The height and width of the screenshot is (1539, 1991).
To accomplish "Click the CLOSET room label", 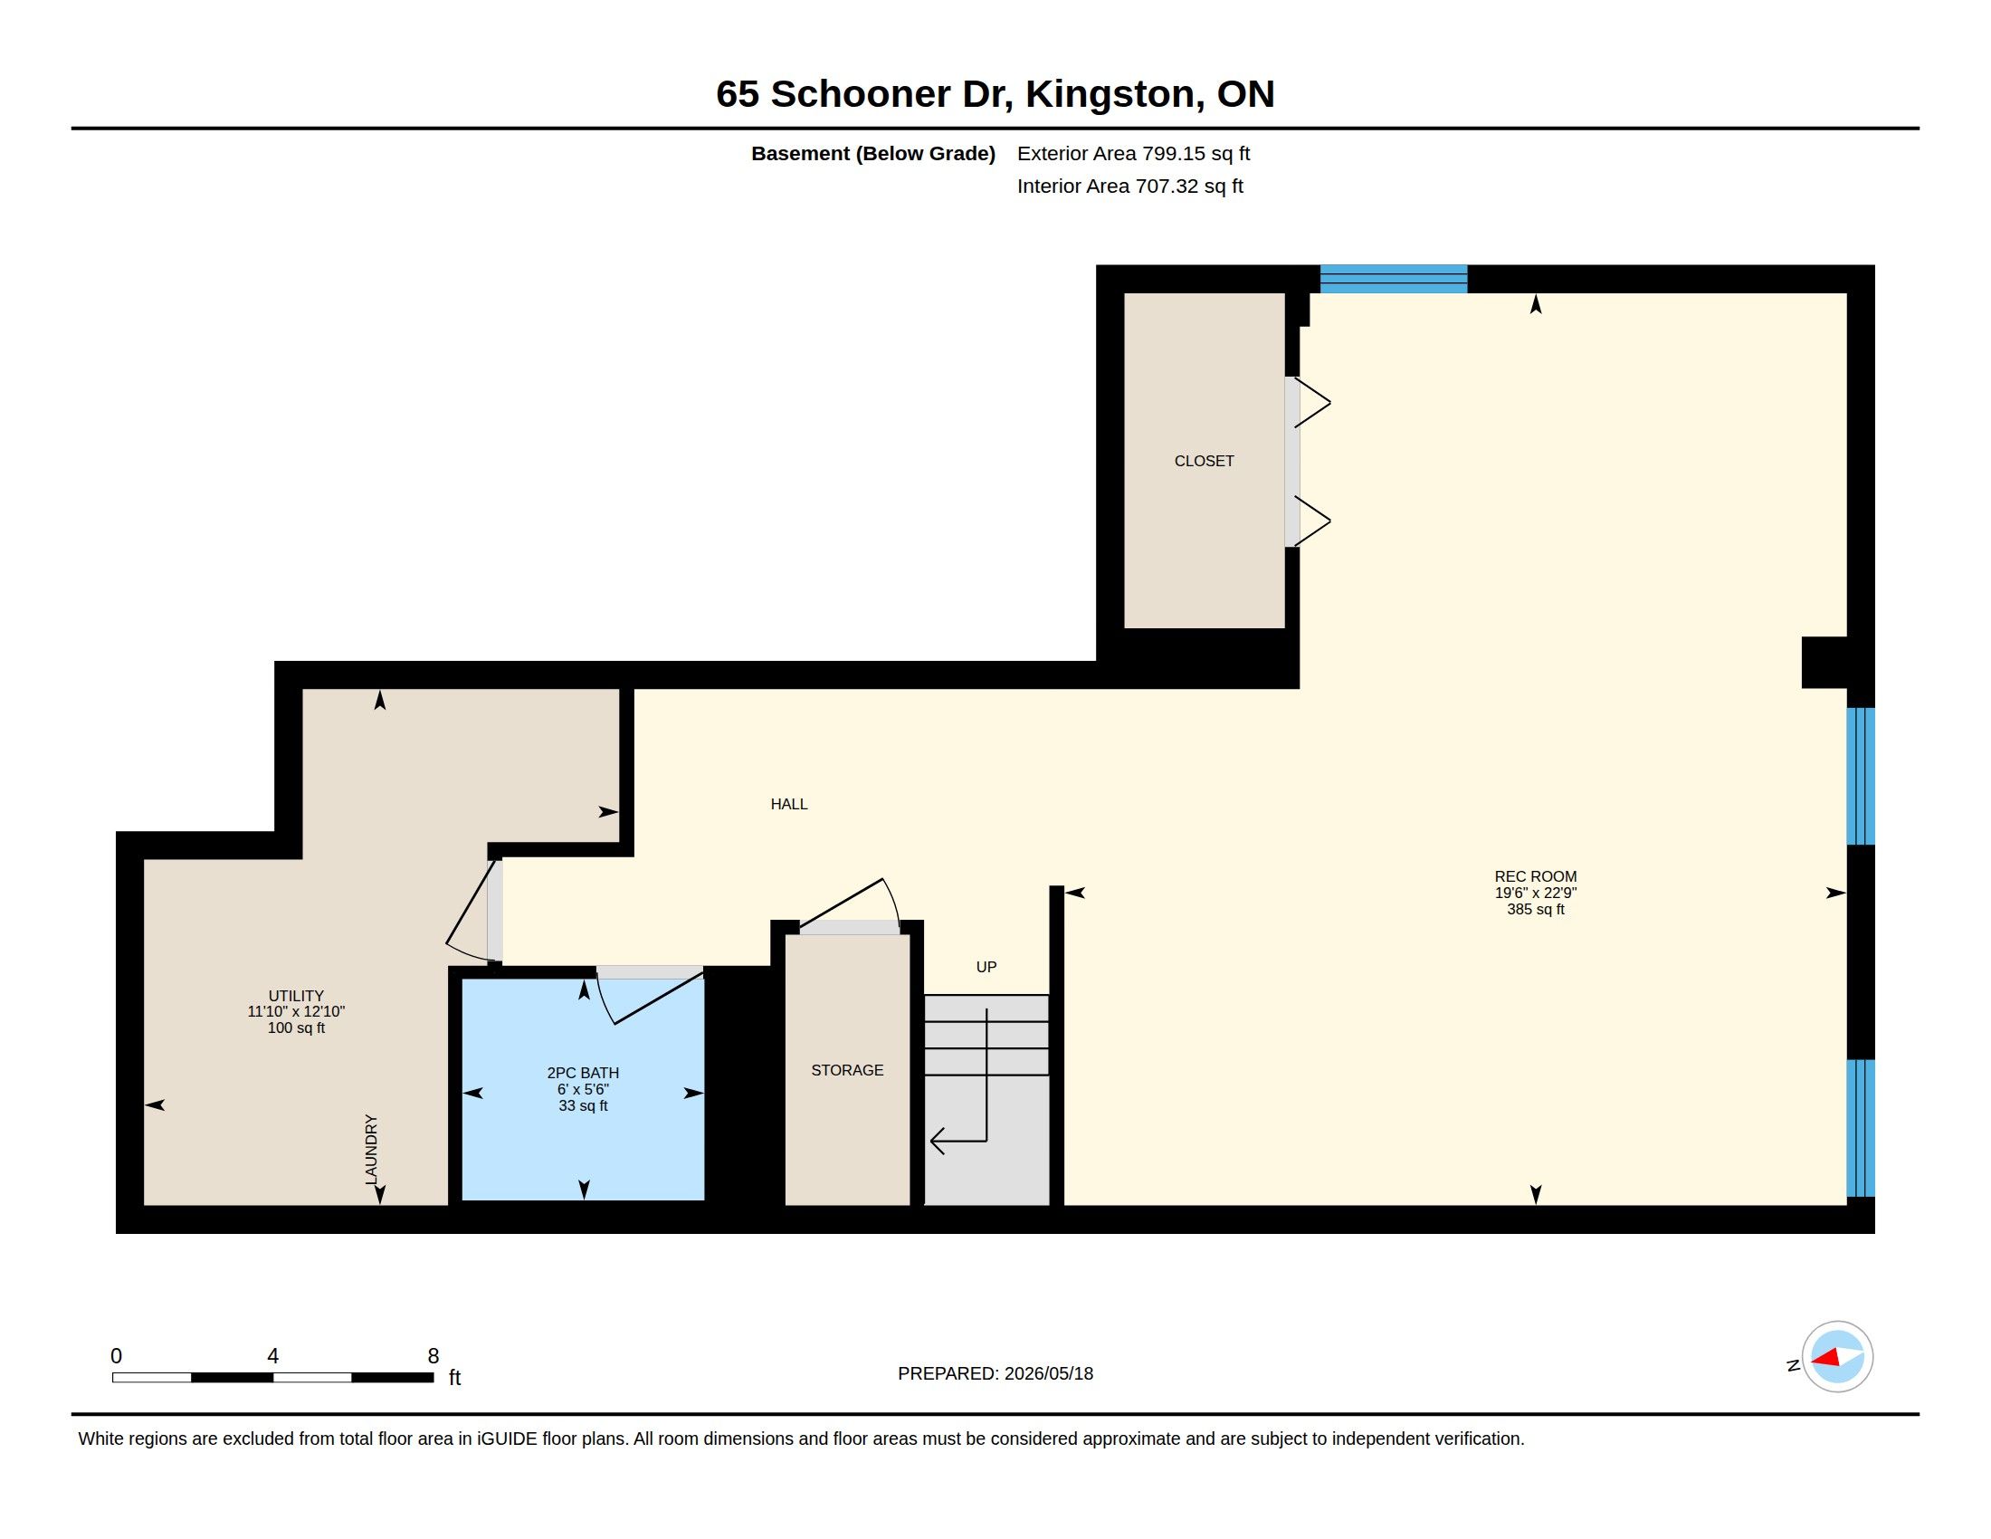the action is point(1204,462).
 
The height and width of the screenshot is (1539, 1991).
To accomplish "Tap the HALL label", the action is point(788,804).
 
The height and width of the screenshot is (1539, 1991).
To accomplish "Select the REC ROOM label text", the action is point(1535,876).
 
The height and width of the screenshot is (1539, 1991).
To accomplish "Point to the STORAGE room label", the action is point(847,1070).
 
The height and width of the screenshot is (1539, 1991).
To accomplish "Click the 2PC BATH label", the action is point(583,1073).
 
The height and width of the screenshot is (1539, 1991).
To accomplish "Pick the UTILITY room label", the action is point(296,996).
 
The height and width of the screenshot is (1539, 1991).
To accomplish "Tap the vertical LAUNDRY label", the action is point(371,1150).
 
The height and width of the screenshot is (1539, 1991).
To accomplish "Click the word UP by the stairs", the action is point(986,967).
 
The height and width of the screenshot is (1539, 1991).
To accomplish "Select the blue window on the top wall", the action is point(1394,279).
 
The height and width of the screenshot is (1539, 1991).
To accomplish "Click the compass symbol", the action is point(1837,1357).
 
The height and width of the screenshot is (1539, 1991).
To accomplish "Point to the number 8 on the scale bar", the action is point(433,1356).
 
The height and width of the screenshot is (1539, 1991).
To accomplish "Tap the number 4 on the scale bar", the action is point(272,1356).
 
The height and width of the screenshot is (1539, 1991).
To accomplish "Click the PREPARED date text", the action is point(995,1374).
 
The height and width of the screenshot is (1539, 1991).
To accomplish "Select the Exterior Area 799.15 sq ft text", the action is point(1133,154).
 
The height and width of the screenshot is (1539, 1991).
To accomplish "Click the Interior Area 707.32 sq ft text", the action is point(1129,186).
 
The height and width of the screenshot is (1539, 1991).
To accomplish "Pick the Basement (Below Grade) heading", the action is point(872,154).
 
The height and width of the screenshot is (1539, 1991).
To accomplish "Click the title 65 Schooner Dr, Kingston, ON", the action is point(995,94).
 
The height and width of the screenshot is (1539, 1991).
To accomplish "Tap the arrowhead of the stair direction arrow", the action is point(937,1141).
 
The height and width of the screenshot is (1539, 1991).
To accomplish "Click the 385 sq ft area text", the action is point(1535,909).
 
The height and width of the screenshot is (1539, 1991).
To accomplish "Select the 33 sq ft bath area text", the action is point(583,1106).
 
